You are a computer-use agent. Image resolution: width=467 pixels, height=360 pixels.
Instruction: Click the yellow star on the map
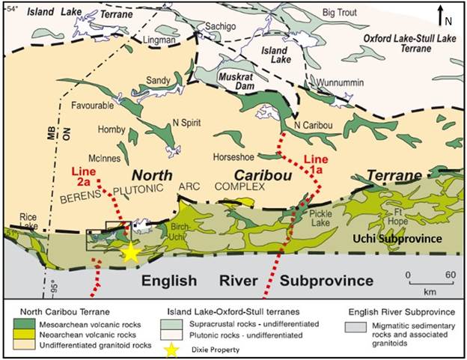click(131, 252)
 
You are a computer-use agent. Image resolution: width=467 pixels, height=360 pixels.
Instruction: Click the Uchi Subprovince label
click(409, 239)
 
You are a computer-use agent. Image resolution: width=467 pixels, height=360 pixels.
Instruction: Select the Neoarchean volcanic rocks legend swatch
click(23, 334)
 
